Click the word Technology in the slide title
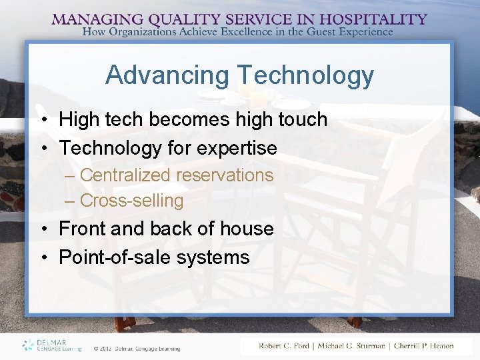point(304,75)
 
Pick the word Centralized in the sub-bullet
point(124,175)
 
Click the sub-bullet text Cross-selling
point(131,201)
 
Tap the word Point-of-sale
point(116,257)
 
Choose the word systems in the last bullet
point(214,257)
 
